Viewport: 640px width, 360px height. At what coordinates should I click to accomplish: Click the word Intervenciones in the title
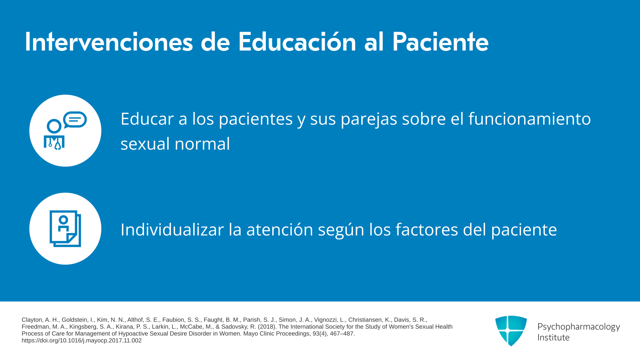(x=109, y=42)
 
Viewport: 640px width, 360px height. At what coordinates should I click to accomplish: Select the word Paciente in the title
(x=440, y=42)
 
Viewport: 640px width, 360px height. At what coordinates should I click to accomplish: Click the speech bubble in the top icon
(x=75, y=120)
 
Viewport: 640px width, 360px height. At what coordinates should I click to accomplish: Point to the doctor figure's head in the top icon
(x=54, y=126)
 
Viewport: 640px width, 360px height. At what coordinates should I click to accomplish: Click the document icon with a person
(x=65, y=229)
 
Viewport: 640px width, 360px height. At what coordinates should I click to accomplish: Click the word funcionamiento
(x=530, y=119)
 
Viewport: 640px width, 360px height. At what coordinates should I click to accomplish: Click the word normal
(x=202, y=144)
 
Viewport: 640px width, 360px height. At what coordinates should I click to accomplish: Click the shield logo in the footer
(x=511, y=331)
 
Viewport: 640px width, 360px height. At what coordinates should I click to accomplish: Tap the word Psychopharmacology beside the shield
(x=579, y=327)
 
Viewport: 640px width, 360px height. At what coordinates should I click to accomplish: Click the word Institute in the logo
(x=553, y=337)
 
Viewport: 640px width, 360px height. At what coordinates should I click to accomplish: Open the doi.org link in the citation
(x=82, y=341)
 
